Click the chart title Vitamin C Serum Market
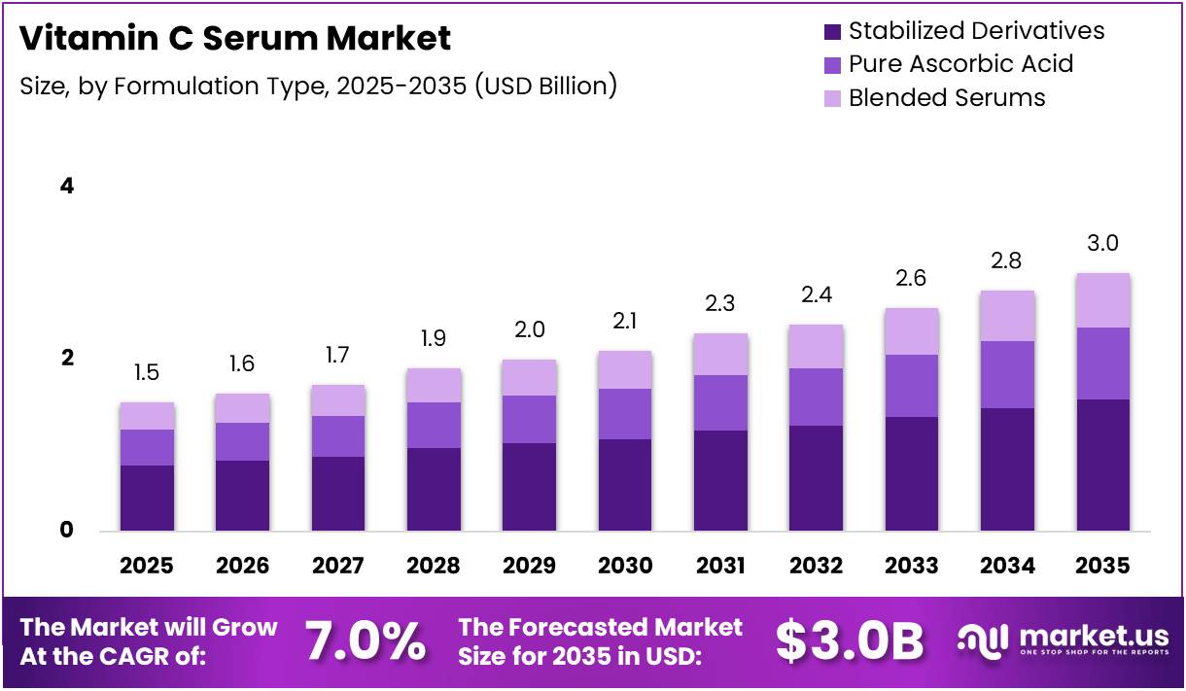[x=235, y=38]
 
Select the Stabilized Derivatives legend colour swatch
[x=831, y=32]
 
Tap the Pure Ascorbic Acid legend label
[x=960, y=64]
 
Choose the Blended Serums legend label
[x=947, y=97]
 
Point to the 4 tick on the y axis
[x=67, y=186]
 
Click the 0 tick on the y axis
[x=67, y=530]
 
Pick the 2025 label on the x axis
[x=147, y=566]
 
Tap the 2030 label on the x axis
[x=625, y=566]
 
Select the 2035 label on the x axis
[x=1102, y=566]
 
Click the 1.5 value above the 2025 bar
[x=147, y=373]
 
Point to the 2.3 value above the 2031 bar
[x=720, y=304]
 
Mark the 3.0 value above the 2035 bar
[x=1102, y=243]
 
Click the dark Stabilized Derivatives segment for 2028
[x=434, y=489]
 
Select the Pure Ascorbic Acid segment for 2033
[x=912, y=386]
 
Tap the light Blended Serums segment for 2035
[x=1102, y=300]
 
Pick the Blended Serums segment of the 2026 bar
[x=242, y=408]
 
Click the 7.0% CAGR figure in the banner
[x=365, y=640]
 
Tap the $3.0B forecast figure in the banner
[x=850, y=640]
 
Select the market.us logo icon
[x=983, y=639]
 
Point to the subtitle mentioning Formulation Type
[x=319, y=86]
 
